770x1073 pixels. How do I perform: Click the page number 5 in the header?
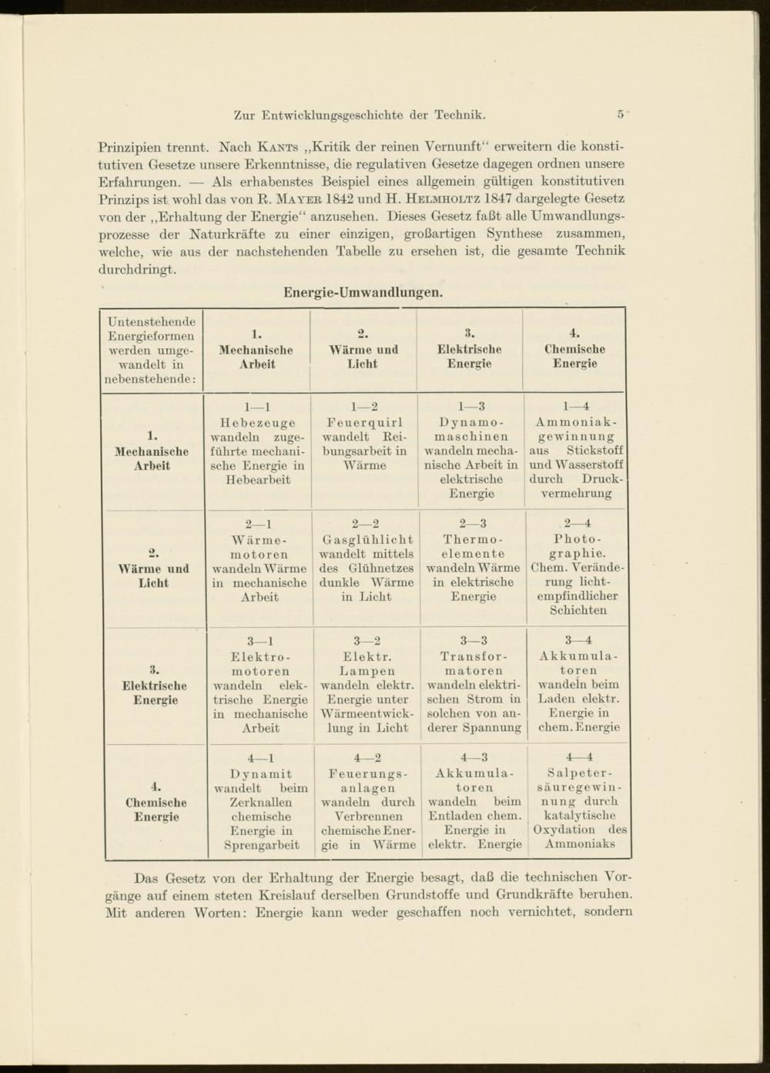pos(620,115)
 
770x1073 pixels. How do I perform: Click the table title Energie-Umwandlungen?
pos(363,293)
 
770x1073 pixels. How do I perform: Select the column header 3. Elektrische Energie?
pos(469,349)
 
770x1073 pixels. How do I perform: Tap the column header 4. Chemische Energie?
pos(574,349)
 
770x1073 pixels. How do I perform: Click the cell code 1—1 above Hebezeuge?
pos(257,407)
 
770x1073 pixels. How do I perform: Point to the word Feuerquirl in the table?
pos(363,423)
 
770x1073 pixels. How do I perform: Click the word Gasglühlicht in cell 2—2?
pos(367,540)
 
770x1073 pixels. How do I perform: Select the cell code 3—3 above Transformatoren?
pos(474,640)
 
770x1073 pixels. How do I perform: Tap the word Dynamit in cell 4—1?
pos(261,773)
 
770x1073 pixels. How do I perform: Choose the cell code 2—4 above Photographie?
pos(577,524)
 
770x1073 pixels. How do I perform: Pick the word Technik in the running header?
pos(459,116)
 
